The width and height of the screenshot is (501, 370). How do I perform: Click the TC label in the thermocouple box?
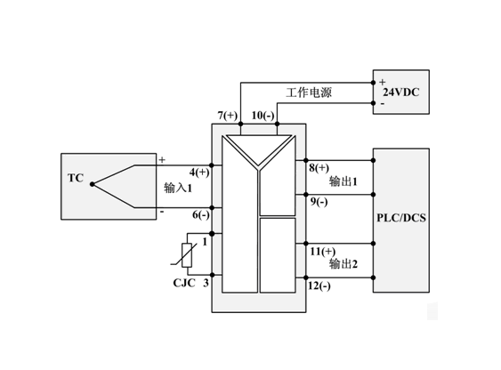76,178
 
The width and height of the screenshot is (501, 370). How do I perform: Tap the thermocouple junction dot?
92,184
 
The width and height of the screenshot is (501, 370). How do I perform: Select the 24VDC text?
401,92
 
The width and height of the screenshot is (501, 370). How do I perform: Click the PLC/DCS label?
401,218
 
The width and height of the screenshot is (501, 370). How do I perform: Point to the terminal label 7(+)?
228,116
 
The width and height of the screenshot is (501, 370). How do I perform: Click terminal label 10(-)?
263,116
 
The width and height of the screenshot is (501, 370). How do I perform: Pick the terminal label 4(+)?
199,173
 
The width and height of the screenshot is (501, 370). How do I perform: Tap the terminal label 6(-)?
201,215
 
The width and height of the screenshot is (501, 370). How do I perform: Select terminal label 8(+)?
319,168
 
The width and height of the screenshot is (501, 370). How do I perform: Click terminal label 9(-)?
319,202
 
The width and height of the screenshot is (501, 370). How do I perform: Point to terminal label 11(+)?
323,252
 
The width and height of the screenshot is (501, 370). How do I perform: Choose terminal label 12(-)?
319,286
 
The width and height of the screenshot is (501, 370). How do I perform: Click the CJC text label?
184,283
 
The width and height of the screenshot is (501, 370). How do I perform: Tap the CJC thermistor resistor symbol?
187,255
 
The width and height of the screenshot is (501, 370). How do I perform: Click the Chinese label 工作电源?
309,92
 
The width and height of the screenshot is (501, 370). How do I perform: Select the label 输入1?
178,188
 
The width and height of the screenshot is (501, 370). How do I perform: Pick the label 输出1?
343,181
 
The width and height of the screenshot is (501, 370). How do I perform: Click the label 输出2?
343,264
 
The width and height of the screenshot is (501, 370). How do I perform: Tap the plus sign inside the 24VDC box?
382,82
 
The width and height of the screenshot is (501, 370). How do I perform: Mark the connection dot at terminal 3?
212,275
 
